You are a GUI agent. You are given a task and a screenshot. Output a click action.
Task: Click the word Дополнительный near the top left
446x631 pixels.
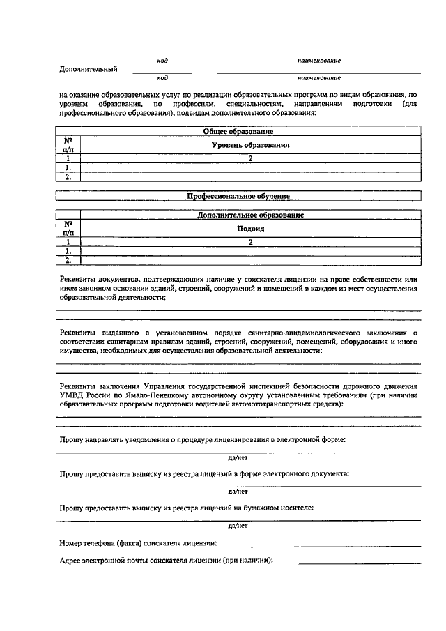click(89, 70)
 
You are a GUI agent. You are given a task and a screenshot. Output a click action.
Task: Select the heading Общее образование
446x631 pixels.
click(238, 131)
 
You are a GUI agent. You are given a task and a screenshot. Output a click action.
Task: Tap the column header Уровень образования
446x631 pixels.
click(250, 145)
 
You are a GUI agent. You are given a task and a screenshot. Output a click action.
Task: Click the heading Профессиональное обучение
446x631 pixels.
click(238, 197)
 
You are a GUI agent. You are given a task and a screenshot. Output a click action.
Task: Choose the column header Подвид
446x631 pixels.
click(250, 229)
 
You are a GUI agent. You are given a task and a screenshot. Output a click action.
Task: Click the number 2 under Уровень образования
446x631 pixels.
click(250, 159)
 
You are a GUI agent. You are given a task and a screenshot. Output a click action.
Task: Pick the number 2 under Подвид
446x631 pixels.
click(250, 243)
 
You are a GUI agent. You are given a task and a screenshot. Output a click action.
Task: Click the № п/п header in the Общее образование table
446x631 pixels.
click(68, 145)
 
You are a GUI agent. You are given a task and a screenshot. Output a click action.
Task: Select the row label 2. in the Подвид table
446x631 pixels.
click(68, 260)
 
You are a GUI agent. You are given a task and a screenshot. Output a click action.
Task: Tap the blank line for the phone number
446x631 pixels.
click(335, 545)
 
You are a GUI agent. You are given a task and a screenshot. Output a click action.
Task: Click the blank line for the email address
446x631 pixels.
click(360, 563)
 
